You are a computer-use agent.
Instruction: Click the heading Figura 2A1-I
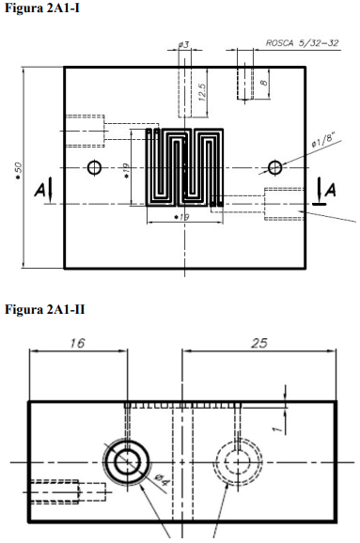(x=42, y=8)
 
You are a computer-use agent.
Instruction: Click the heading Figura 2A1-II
(x=45, y=309)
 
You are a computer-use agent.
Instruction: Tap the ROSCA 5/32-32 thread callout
(x=302, y=43)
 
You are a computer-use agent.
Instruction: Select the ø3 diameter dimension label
(x=184, y=45)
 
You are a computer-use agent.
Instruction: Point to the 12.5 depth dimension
(x=202, y=92)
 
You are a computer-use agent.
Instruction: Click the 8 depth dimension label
(x=264, y=83)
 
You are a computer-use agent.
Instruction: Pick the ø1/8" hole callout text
(x=323, y=141)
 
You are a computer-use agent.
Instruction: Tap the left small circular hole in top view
(x=94, y=168)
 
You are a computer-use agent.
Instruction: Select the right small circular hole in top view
(x=274, y=168)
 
